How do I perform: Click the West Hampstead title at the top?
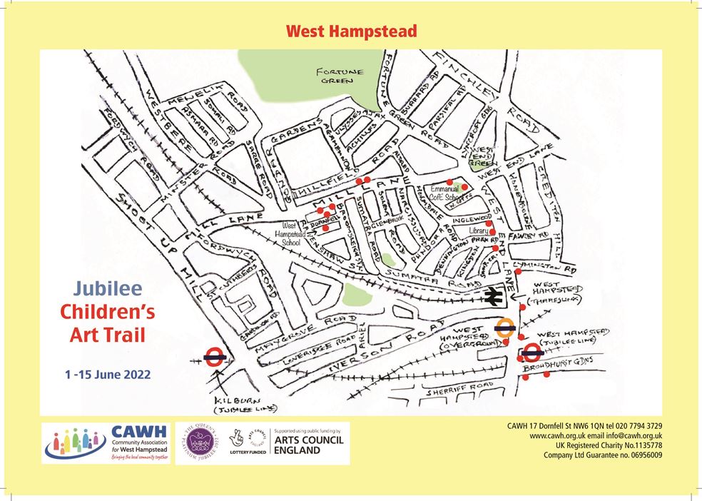pyautogui.click(x=351, y=31)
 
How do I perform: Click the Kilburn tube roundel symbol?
pyautogui.click(x=215, y=357)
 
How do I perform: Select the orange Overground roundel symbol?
pyautogui.click(x=505, y=328)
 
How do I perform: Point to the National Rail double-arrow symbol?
pyautogui.click(x=492, y=298)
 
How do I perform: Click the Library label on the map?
pyautogui.click(x=479, y=231)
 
